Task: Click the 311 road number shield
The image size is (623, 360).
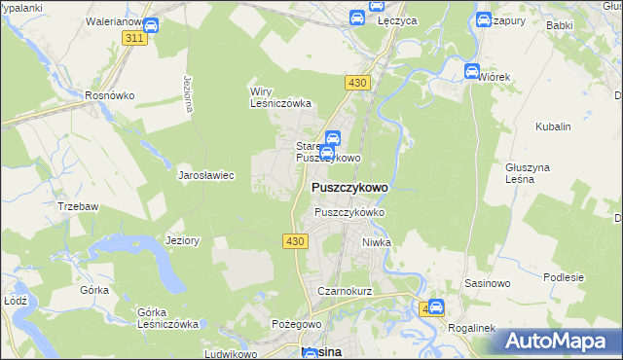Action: (x=135, y=37)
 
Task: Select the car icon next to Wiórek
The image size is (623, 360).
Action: (x=473, y=70)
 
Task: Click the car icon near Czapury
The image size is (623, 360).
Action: (x=484, y=18)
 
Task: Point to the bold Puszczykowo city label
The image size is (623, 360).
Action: (x=349, y=187)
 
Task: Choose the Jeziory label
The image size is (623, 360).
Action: (x=183, y=240)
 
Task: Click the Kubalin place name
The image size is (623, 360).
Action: (x=553, y=126)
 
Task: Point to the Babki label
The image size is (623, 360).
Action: (x=559, y=24)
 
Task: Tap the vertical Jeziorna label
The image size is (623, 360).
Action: (x=184, y=93)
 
